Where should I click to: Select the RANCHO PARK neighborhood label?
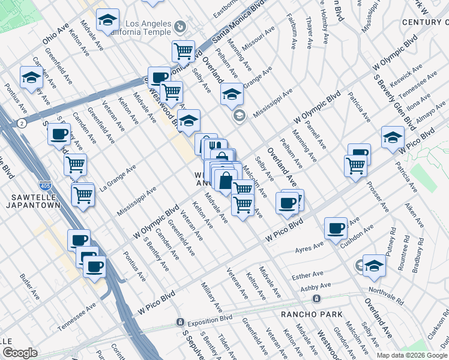(312, 314)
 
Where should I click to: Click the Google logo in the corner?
(20, 353)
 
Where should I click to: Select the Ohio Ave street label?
(56, 36)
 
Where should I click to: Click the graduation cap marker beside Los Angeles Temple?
(107, 20)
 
